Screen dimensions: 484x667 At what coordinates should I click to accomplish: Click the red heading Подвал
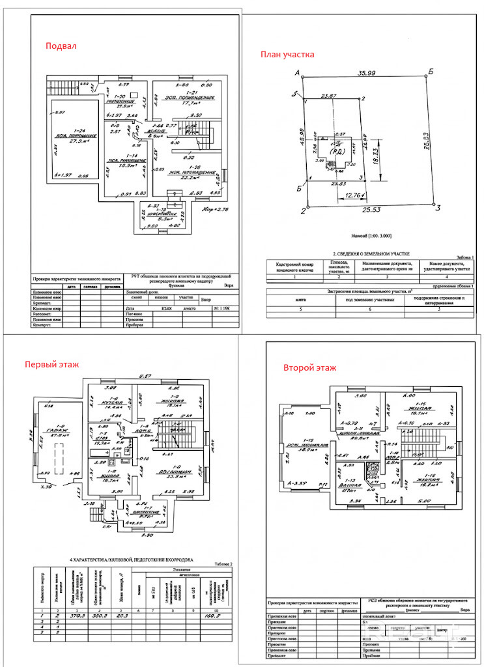pos(61,46)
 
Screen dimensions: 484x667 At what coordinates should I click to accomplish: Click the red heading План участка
pos(287,55)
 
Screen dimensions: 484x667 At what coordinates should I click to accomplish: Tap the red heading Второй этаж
pos(310,368)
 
